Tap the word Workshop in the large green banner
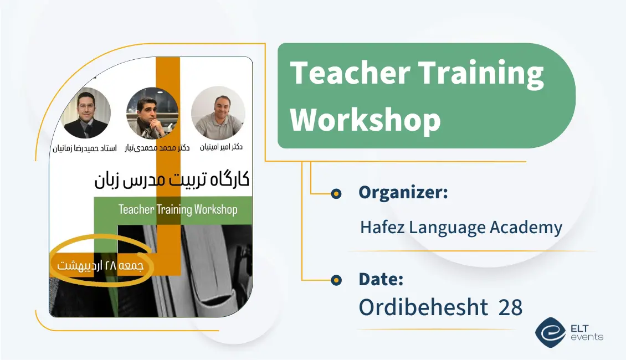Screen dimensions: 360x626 point(366,119)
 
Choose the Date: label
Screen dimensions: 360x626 point(381,279)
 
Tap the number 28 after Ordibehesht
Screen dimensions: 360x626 point(510,307)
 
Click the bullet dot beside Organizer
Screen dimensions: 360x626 point(336,194)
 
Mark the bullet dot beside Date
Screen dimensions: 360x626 point(336,281)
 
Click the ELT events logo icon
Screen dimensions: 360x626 point(550,332)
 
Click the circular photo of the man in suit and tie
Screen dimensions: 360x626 point(86,113)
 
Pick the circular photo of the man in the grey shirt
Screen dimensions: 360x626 point(218,113)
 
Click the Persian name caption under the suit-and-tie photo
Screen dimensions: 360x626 point(86,148)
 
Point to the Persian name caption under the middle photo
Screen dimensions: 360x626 point(157,148)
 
